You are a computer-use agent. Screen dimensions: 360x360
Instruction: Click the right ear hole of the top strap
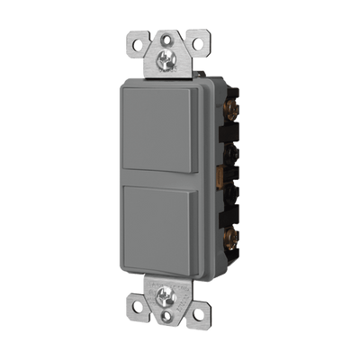coord(197,42)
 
